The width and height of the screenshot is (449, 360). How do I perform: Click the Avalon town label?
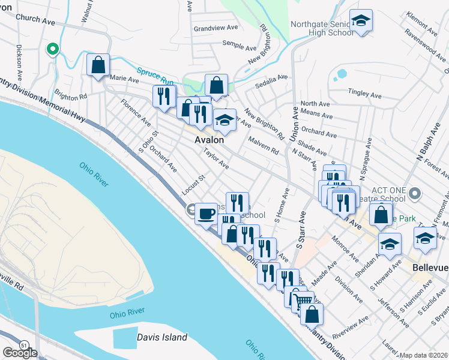pyautogui.click(x=209, y=139)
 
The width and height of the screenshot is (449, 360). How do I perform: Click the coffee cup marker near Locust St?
pyautogui.click(x=206, y=214)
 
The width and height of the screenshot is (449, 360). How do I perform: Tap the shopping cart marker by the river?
pyautogui.click(x=304, y=299)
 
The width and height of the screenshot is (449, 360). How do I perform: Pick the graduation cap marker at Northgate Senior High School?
pyautogui.click(x=361, y=21)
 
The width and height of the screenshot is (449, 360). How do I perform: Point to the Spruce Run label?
pyautogui.click(x=155, y=75)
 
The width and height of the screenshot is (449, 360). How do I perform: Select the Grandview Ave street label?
pyautogui.click(x=216, y=28)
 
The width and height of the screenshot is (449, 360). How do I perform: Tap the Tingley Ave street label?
pyautogui.click(x=365, y=94)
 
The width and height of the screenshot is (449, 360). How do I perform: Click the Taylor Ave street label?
pyautogui.click(x=215, y=158)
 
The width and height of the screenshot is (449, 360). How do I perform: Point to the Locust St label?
pyautogui.click(x=193, y=185)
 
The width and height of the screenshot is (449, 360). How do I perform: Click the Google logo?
pyautogui.click(x=20, y=353)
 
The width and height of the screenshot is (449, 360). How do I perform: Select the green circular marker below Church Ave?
pyautogui.click(x=52, y=49)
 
